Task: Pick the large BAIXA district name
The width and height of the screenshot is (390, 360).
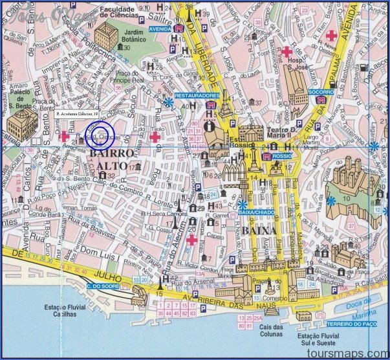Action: click(261, 231)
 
